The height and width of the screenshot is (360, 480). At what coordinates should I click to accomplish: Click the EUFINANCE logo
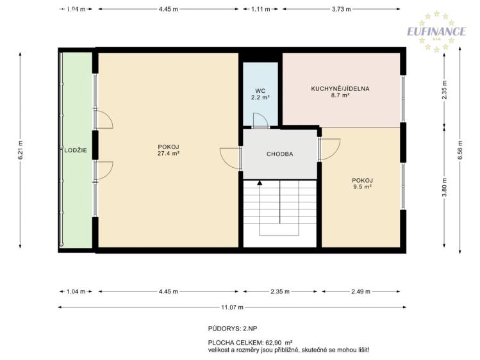(x=436, y=31)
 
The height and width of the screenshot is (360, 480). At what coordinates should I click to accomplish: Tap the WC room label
(x=260, y=91)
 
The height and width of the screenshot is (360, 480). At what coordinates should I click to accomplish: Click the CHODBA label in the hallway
(x=280, y=154)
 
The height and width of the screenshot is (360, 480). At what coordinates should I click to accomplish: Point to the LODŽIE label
(x=76, y=150)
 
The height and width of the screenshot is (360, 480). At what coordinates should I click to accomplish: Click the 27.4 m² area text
(x=169, y=154)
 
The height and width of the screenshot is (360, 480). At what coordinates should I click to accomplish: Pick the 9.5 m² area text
(x=363, y=186)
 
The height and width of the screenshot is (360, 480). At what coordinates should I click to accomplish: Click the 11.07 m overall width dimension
(x=233, y=307)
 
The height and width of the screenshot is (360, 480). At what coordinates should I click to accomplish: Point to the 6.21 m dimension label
(x=21, y=150)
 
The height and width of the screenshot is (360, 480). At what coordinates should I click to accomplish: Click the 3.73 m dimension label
(x=342, y=9)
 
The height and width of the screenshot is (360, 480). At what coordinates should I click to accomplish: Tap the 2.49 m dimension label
(x=361, y=291)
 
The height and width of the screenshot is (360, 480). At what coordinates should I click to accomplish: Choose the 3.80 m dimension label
(x=445, y=188)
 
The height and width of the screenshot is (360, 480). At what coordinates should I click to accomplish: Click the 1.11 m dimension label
(x=261, y=9)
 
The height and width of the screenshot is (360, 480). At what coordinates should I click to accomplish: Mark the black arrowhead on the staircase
(x=260, y=183)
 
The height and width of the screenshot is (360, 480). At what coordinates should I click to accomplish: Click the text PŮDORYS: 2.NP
(x=233, y=329)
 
